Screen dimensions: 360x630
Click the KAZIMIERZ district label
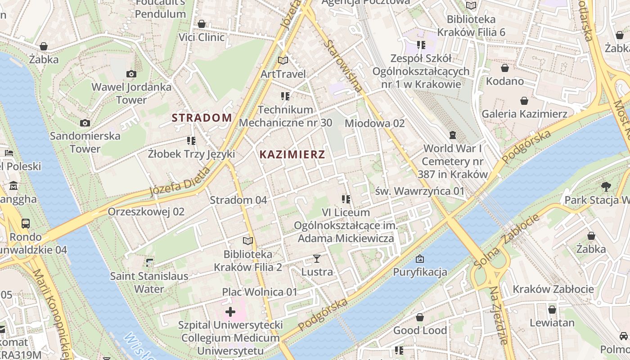tap(292, 155)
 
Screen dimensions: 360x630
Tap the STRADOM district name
tap(202, 118)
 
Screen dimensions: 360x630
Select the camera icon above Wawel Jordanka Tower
tap(131, 74)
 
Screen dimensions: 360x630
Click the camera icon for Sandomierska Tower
tap(85, 123)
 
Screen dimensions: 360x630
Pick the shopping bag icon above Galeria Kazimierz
tap(524, 101)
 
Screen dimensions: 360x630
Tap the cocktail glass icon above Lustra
tap(317, 259)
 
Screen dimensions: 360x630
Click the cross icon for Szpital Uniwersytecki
tap(230, 311)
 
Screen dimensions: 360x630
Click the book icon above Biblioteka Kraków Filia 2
tap(248, 241)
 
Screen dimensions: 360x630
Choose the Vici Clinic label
tap(202, 37)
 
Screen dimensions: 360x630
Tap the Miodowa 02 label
tap(375, 123)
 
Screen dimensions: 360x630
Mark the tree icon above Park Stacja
tap(606, 186)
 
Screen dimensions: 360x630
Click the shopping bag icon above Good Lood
tap(420, 317)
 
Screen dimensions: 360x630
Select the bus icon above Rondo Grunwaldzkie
tap(26, 224)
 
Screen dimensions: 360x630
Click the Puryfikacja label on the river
tap(420, 272)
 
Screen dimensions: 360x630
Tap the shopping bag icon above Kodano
tap(505, 68)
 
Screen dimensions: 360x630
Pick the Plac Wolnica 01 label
tap(260, 292)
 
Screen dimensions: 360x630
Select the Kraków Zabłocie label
tap(553, 289)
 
